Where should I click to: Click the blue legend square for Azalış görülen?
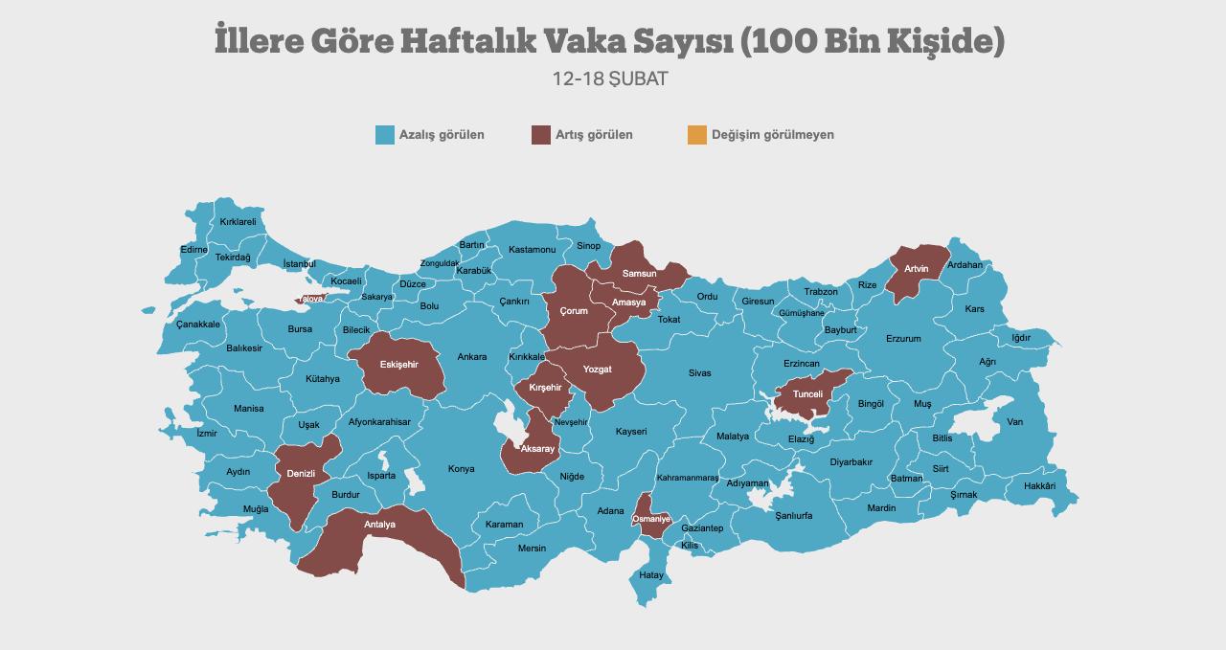385,135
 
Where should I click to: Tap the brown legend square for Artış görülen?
541,135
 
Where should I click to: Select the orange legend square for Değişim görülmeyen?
697,135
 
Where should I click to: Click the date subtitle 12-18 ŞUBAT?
610,78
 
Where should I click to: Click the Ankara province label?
471,357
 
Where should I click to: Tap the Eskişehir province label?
398,365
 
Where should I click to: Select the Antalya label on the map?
379,525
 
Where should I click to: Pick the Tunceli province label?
806,394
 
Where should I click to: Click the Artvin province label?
916,269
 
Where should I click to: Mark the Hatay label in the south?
651,575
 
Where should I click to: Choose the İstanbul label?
299,264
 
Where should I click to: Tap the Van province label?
1014,422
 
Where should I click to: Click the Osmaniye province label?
651,518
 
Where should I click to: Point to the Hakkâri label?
1039,486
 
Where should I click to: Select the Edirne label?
193,250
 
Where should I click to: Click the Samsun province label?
639,274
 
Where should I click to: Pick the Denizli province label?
301,474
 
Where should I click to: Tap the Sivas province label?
699,373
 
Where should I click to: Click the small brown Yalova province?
310,300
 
